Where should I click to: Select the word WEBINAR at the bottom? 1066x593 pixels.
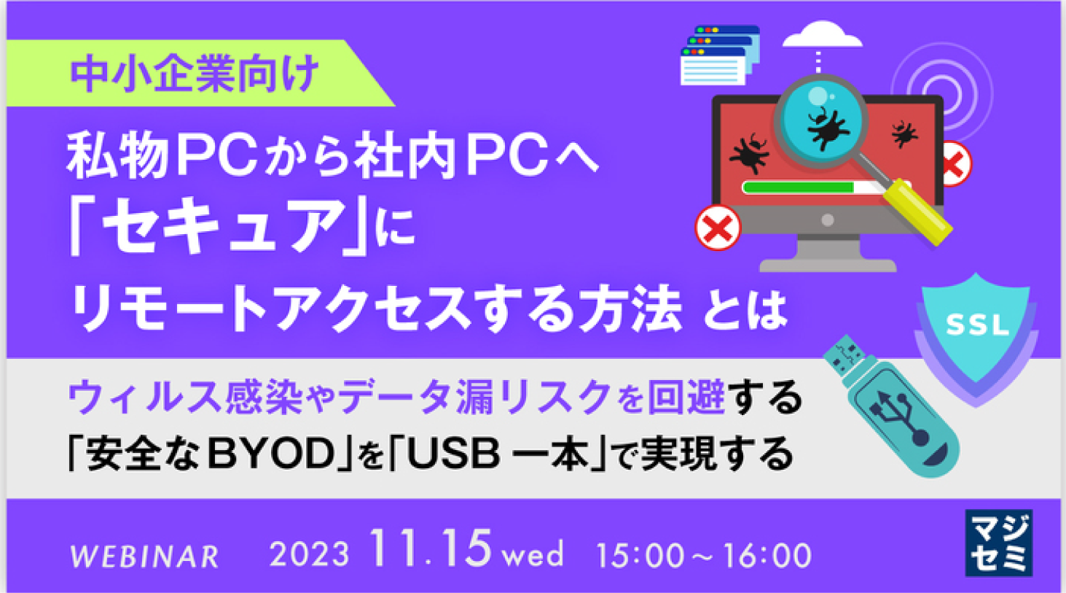pyautogui.click(x=144, y=557)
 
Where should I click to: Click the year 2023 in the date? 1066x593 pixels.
pyautogui.click(x=309, y=554)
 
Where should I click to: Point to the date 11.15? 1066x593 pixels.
pyautogui.click(x=430, y=549)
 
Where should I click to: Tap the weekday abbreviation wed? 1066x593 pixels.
pyautogui.click(x=533, y=554)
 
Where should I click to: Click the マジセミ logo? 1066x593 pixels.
pyautogui.click(x=999, y=543)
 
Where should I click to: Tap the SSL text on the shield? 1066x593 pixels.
pyautogui.click(x=976, y=325)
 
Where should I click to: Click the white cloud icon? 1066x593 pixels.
pyautogui.click(x=822, y=36)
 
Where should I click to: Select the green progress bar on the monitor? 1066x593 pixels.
pyautogui.click(x=798, y=187)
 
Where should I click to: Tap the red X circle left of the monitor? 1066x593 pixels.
pyautogui.click(x=718, y=228)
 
